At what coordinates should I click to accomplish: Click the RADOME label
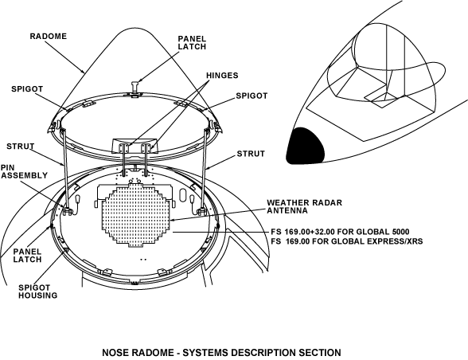click(49, 36)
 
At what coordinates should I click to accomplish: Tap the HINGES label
click(222, 76)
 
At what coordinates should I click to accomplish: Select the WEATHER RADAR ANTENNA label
click(304, 206)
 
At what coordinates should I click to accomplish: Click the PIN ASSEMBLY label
click(24, 171)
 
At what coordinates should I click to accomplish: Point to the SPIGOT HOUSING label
click(38, 292)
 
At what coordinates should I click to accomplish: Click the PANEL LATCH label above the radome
click(192, 43)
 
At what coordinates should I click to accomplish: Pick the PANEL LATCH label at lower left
click(27, 256)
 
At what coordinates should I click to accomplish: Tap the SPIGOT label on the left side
click(27, 89)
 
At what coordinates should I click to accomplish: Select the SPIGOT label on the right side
click(252, 96)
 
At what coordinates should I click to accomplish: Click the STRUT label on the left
click(21, 147)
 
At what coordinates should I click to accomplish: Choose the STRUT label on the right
click(251, 154)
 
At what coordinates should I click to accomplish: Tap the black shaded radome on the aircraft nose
click(305, 146)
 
